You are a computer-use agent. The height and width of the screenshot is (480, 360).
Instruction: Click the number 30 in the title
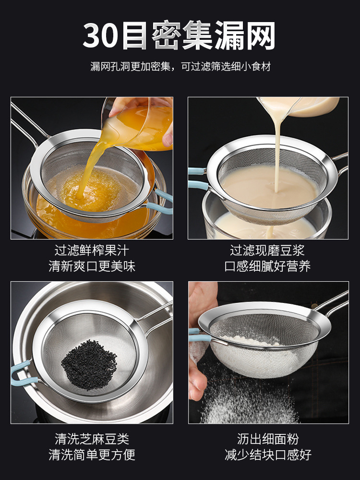pos(101,36)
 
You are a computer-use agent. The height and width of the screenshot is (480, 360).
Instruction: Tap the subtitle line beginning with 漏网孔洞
pos(180,67)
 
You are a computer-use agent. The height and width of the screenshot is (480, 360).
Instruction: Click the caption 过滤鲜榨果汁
pos(92,251)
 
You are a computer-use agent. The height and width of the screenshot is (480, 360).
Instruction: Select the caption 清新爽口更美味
pos(92,266)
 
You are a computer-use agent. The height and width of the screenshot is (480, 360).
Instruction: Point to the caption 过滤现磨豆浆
pos(267,251)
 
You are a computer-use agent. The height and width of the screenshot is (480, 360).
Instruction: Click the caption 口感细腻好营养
pos(267,266)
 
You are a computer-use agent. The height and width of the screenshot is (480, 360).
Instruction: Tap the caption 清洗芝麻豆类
pos(92,439)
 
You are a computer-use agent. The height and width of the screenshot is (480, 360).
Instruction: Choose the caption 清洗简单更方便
pos(92,455)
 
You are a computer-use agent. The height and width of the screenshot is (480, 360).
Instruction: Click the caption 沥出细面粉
pos(267,439)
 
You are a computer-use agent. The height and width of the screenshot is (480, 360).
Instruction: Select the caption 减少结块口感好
pos(267,455)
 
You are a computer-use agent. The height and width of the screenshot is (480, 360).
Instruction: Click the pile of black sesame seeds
pos(89,365)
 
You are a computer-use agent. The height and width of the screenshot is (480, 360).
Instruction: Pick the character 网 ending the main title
pos(260,36)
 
